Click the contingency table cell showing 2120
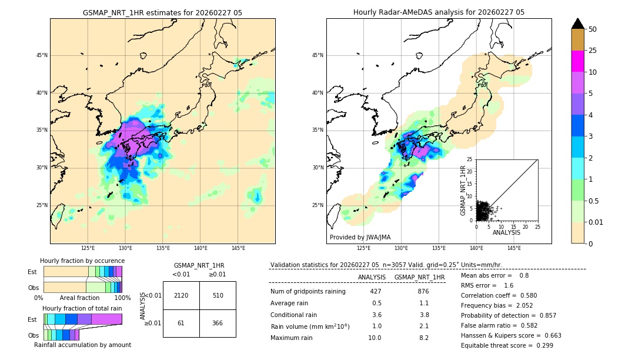(181, 295)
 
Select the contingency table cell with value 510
(218, 295)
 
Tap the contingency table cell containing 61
(181, 323)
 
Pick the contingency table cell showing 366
(218, 323)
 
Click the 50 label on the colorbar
(593, 29)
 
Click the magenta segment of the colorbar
(577, 61)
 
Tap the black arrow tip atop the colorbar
(577, 22)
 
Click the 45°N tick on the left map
(41, 55)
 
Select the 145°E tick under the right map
(514, 248)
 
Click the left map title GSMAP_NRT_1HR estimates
(162, 12)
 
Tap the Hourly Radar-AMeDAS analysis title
(439, 12)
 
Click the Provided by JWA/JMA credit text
(360, 237)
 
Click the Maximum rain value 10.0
(375, 338)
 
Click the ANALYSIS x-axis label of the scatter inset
(506, 232)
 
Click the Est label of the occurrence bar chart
(32, 272)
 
